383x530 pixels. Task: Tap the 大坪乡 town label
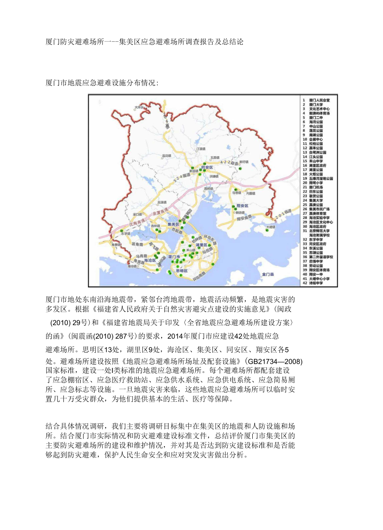click(142, 107)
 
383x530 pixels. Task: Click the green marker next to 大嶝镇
click(267, 229)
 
